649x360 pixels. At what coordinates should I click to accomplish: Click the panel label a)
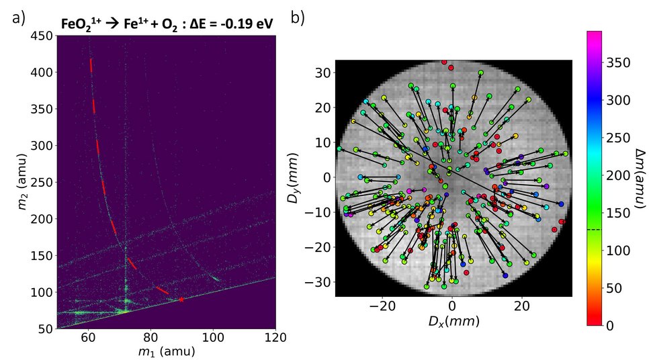[x=18, y=19]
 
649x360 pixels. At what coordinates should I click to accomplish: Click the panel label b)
[x=298, y=18]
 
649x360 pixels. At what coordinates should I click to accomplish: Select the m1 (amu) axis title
[x=166, y=351]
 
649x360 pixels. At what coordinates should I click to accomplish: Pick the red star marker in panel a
[x=181, y=299]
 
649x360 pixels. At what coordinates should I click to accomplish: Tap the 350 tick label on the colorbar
[x=616, y=62]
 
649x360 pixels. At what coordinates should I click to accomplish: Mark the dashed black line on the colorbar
[x=593, y=230]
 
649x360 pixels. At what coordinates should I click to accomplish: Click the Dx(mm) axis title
[x=453, y=322]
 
